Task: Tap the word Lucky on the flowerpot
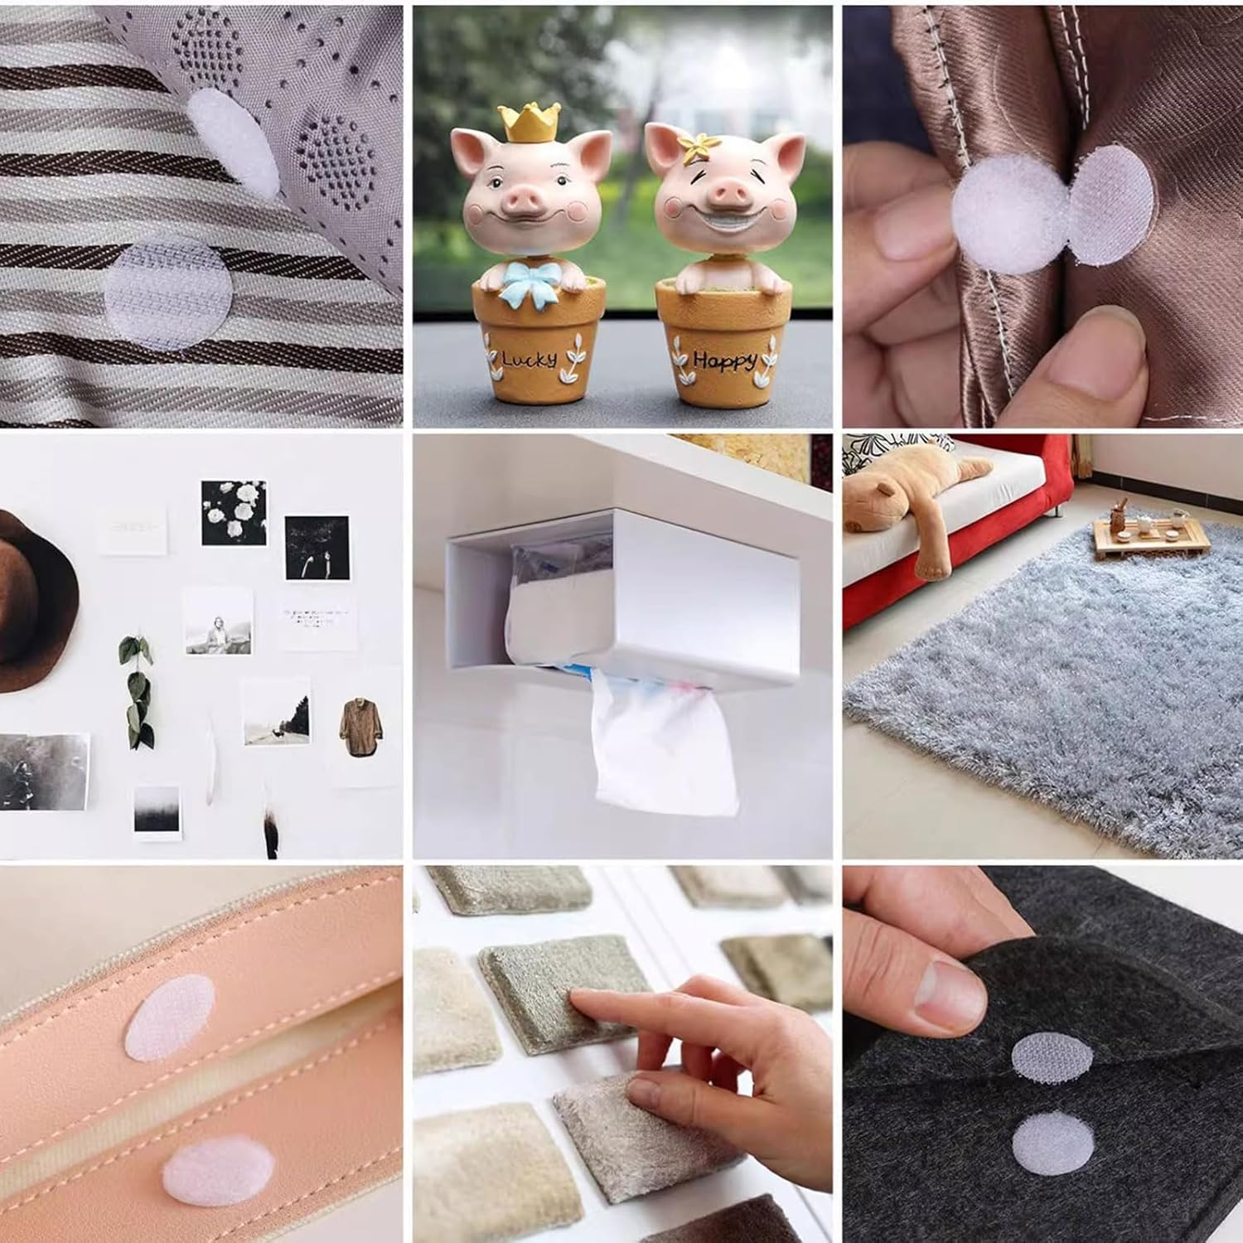click(530, 359)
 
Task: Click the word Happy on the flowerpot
click(725, 361)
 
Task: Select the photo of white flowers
click(234, 512)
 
